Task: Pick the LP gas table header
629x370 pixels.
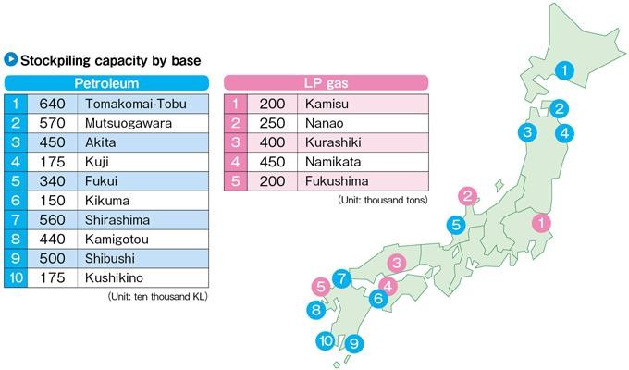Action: (x=327, y=83)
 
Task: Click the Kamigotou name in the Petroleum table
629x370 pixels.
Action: (x=118, y=240)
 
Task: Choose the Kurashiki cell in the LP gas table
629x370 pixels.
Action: (x=334, y=142)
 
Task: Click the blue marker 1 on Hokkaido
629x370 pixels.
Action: (x=565, y=68)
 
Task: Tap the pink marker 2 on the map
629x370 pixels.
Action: (x=468, y=195)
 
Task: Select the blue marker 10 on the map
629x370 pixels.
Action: (x=326, y=340)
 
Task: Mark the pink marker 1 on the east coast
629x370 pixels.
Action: (x=542, y=222)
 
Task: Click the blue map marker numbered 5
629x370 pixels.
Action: (x=456, y=224)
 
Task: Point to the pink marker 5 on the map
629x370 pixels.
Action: (x=320, y=287)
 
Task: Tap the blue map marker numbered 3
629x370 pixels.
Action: (x=526, y=132)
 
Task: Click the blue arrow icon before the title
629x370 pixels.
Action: (x=11, y=60)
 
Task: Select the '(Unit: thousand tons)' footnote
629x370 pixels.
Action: (x=382, y=200)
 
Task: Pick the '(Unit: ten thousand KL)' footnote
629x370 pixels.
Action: (x=159, y=297)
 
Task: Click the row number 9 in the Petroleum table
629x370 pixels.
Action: (x=16, y=259)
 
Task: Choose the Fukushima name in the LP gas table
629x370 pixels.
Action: (x=337, y=181)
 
